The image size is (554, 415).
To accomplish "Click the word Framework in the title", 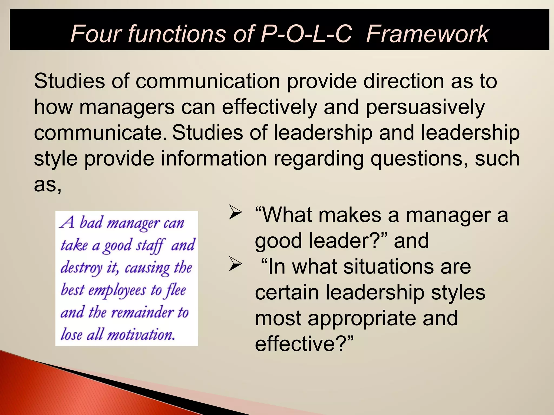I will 427,34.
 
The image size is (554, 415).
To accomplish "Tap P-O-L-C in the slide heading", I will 306,34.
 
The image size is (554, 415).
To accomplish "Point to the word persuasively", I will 425,108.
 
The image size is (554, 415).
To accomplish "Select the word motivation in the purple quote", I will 141,335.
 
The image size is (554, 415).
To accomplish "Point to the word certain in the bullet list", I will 287,293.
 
